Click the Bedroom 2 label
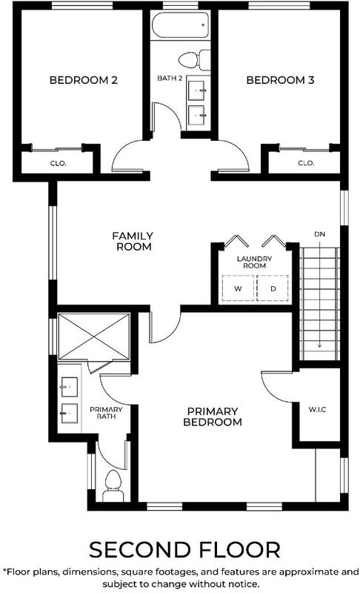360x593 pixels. [84, 80]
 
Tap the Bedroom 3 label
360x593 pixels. [280, 80]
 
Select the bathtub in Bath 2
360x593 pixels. [180, 25]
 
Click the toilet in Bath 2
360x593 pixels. [195, 60]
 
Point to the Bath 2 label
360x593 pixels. [170, 79]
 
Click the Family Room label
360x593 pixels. [133, 242]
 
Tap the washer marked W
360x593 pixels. [238, 288]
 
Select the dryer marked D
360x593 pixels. [273, 288]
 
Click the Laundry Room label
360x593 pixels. [254, 262]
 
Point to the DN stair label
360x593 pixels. [319, 234]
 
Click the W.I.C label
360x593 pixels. [317, 409]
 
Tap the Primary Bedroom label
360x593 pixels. [213, 417]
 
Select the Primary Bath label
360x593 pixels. [106, 413]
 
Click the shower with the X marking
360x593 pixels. [93, 337]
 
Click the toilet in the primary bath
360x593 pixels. [113, 486]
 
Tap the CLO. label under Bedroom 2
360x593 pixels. [59, 163]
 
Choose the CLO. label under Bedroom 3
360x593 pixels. [306, 163]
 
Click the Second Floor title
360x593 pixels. [184, 550]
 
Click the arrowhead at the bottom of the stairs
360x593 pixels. [319, 345]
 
